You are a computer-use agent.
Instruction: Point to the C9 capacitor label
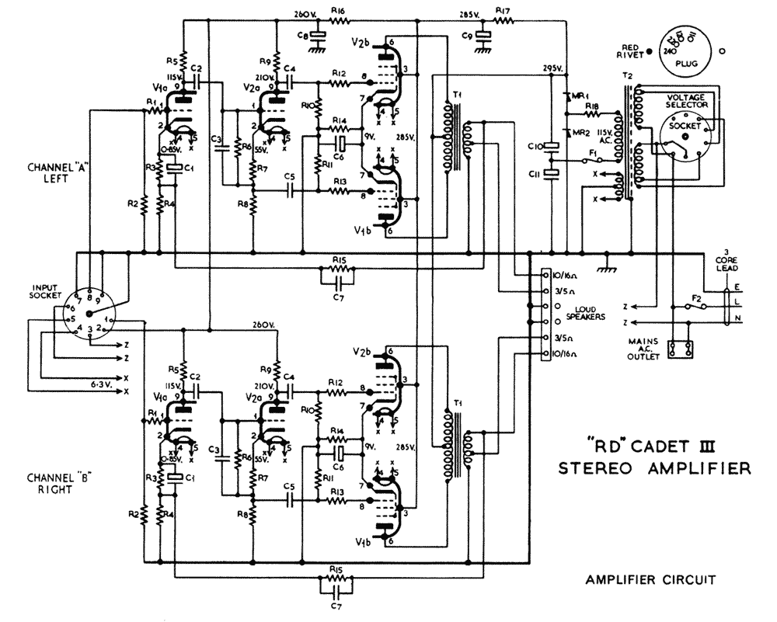466,35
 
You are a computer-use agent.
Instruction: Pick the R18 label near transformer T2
592,106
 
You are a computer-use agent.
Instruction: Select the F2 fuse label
696,297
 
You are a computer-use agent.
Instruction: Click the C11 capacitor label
535,175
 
